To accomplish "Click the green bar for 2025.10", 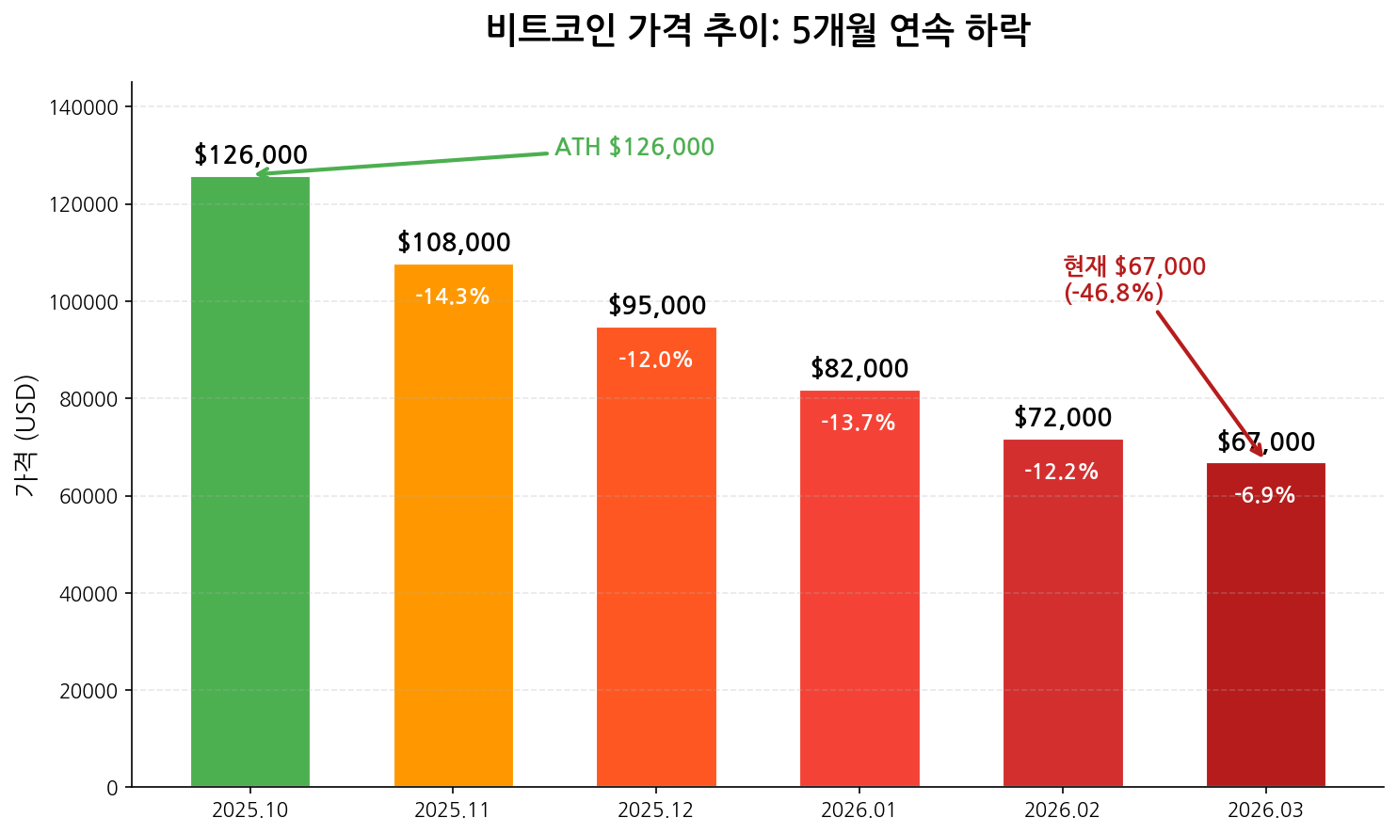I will (x=250, y=481).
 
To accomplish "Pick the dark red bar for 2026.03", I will (x=1265, y=640).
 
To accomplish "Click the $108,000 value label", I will (x=454, y=243).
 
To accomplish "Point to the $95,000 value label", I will (x=657, y=306).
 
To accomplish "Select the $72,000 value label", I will (x=1063, y=418).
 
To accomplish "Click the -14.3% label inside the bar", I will (x=453, y=297).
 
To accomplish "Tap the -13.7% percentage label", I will (x=859, y=424).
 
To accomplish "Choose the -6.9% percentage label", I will (x=1265, y=496).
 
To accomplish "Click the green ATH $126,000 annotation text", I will (x=634, y=148).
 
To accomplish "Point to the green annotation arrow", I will (x=405, y=163).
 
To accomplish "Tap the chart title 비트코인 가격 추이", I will (x=758, y=30).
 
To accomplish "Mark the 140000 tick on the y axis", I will (x=83, y=108).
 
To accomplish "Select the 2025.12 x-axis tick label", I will (x=656, y=810).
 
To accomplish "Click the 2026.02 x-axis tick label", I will (x=1062, y=810).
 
